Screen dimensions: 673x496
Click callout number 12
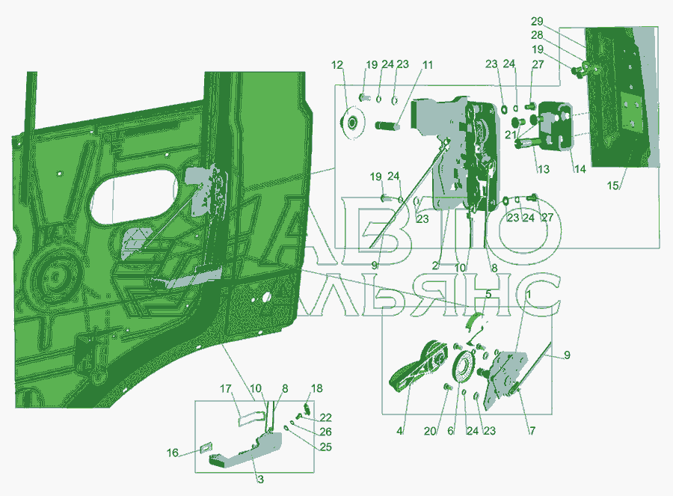[x=337, y=65]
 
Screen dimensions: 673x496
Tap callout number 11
[x=427, y=65]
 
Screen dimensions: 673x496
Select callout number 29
[x=536, y=22]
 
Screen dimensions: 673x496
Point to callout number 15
[x=613, y=186]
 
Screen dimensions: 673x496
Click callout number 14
[x=580, y=169]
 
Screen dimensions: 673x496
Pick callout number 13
[x=543, y=169]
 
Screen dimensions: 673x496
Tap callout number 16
[x=173, y=453]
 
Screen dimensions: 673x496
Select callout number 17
[x=226, y=388]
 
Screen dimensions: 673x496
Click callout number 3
[x=260, y=480]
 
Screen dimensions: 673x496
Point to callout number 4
[x=399, y=431]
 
